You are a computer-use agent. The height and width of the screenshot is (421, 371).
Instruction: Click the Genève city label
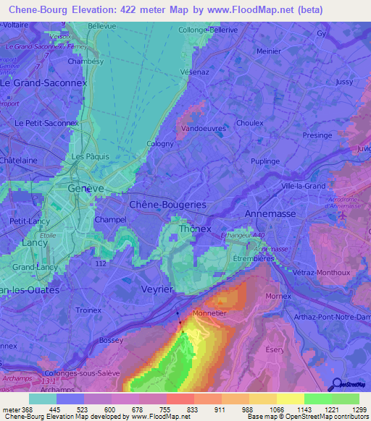[86, 187]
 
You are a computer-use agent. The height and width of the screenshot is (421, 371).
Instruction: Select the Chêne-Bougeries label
[167, 205]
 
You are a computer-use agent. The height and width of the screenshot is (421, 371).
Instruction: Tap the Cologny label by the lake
[160, 143]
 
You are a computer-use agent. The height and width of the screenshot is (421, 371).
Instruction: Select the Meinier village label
[269, 51]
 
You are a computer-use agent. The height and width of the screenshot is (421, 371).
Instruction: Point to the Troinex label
[88, 310]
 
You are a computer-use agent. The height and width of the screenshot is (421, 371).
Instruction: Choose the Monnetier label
[211, 314]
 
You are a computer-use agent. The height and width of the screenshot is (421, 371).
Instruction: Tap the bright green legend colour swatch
[317, 398]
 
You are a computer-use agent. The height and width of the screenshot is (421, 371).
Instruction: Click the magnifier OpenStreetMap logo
[336, 384]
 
